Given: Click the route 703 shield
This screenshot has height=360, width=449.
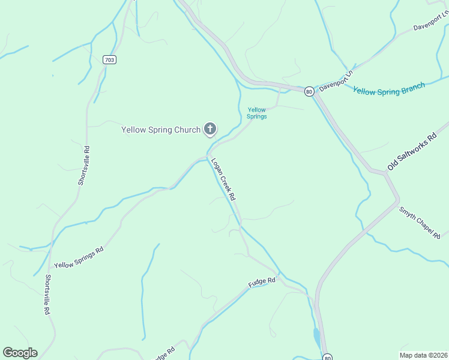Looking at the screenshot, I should (x=109, y=59).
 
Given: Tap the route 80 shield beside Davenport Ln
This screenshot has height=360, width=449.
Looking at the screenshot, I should (x=309, y=91).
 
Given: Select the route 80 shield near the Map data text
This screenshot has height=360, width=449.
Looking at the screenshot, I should (x=327, y=357).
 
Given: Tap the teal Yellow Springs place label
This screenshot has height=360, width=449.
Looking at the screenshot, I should (x=257, y=113).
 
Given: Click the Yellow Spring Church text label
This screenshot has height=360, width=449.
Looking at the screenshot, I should (x=161, y=130).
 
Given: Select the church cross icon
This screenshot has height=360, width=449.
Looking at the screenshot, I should (x=210, y=128).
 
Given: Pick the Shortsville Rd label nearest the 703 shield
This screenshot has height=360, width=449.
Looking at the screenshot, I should (x=83, y=166).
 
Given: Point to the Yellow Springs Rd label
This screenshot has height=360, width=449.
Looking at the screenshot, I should (x=79, y=257).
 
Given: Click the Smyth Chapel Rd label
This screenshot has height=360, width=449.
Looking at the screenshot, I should (x=420, y=223).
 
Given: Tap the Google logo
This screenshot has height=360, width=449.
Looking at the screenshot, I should (x=20, y=352).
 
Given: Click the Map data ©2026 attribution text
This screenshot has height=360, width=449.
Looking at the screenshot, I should (x=423, y=355).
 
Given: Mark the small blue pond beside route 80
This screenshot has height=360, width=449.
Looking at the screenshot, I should (x=316, y=338).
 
